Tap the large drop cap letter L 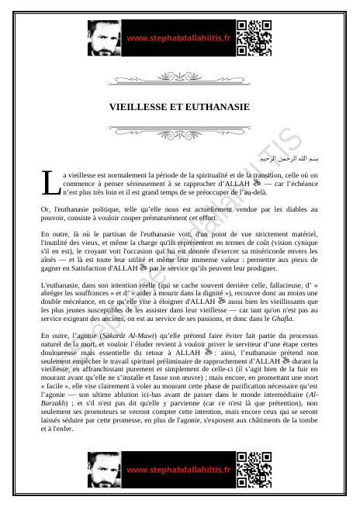click(50, 183)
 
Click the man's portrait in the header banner click(104, 36)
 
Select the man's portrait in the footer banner click(104, 470)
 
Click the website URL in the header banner click(178, 37)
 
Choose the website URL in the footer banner click(178, 470)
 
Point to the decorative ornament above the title click(179, 77)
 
